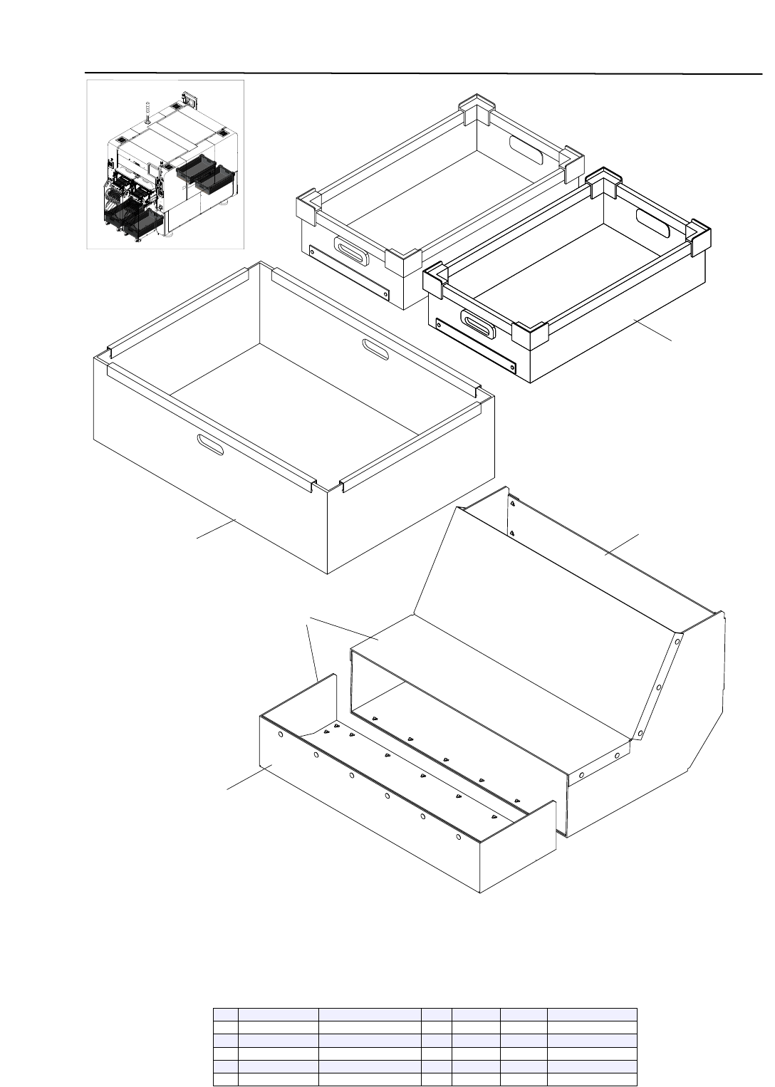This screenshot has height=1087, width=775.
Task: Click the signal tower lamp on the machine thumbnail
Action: [147, 111]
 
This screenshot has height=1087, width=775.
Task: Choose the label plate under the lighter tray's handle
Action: [350, 274]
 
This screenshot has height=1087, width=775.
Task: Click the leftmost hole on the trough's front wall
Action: [281, 734]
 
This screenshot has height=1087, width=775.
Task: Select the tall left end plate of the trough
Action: [325, 702]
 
